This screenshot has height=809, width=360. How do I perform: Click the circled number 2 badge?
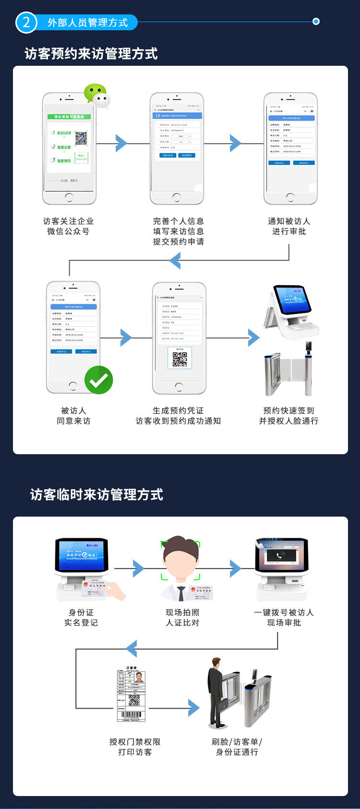pos(26,22)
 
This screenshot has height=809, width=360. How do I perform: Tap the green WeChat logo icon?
pos(96,95)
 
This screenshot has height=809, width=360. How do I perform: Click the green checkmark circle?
pos(98,380)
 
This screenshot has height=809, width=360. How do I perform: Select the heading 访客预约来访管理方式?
pos(91,54)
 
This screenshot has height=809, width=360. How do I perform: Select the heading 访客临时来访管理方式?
pos(96,495)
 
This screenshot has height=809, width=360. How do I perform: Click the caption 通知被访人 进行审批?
pos(289,226)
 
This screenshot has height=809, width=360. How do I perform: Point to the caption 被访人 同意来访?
pos(73,416)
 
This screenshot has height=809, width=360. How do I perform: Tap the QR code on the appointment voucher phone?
pos(180,359)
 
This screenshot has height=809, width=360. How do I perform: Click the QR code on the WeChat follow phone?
pos(81,138)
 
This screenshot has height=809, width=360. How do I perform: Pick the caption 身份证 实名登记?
pos(81,617)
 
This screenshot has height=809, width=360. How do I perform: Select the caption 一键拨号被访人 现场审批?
pos(284,617)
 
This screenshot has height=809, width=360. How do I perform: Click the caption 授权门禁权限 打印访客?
pos(135,747)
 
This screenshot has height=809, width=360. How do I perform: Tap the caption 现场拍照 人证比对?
pos(182,617)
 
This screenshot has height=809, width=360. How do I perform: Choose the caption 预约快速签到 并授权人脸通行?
pos(288,416)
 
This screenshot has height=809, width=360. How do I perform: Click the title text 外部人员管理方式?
pos(88,23)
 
